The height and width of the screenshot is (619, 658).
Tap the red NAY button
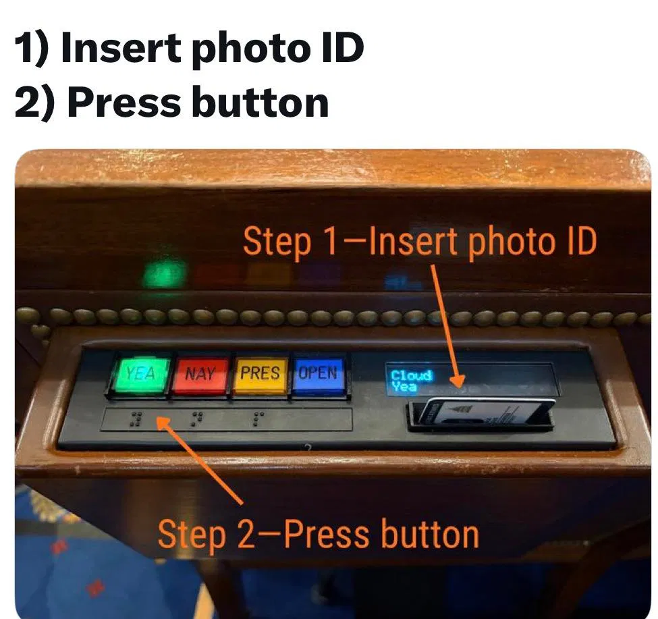coord(200,375)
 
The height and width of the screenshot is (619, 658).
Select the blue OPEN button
coord(318,373)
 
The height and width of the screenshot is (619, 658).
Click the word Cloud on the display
coord(411,375)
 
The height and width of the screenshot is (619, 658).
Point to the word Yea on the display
coord(404,386)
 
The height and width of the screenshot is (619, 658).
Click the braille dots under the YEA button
coord(136,419)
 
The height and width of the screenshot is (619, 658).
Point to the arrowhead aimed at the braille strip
coord(165,425)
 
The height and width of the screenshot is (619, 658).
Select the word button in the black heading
coord(261,103)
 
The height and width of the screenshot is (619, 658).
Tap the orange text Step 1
coord(290,241)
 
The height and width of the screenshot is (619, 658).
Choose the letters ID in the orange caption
coord(582,241)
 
